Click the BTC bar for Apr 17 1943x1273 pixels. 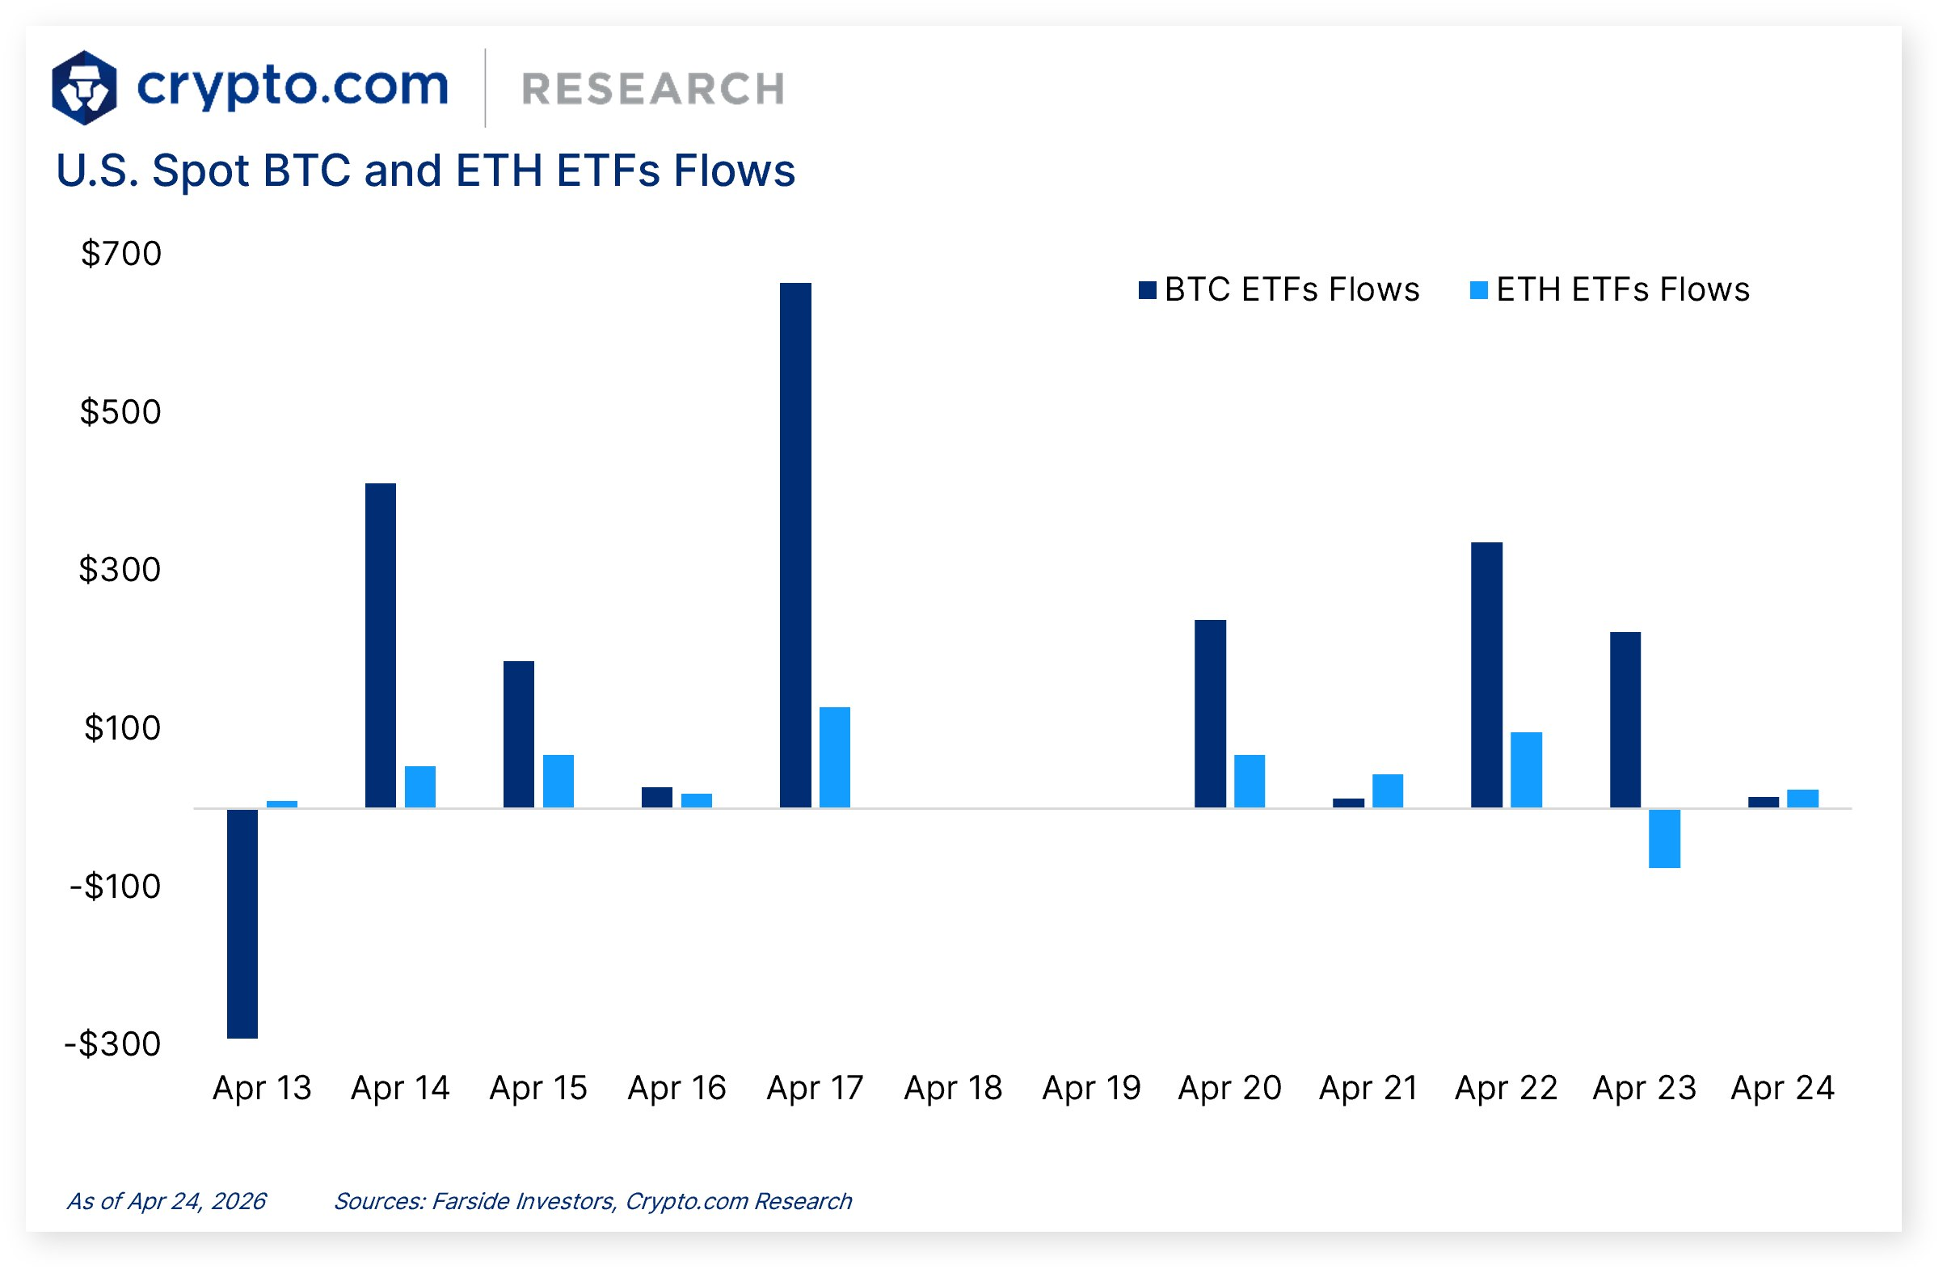795,546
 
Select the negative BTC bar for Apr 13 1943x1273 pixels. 242,924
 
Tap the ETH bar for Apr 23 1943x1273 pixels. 1664,839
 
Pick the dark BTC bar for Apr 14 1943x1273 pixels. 381,646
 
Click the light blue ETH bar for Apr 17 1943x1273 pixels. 834,758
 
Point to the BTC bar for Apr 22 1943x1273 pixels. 1486,675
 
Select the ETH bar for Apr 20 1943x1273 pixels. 1249,782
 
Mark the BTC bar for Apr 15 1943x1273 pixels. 518,735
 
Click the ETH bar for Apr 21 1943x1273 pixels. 1387,791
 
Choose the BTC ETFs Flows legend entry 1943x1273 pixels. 1279,290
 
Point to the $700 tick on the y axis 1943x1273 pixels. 120,254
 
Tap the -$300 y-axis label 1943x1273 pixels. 112,1044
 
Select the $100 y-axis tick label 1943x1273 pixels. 123,728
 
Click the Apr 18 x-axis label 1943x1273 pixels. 953,1089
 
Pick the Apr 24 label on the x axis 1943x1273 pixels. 1782,1089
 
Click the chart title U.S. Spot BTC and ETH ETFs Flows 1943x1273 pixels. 425,171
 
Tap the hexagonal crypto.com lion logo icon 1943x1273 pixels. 84,87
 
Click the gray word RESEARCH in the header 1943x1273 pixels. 653,89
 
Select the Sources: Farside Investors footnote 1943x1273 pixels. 592,1201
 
